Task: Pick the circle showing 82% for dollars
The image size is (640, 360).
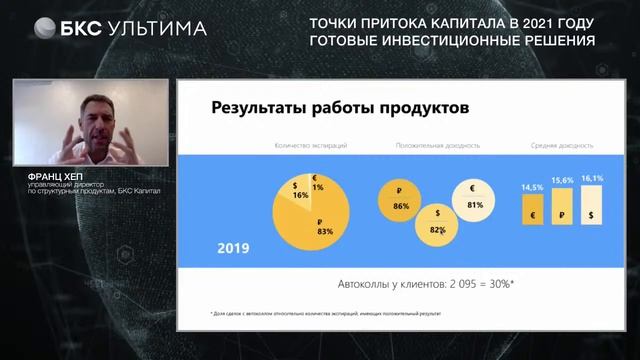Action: [437, 224]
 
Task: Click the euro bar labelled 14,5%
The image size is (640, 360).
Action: [532, 213]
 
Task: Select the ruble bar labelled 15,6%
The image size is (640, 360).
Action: [562, 211]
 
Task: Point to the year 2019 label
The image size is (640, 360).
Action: [233, 247]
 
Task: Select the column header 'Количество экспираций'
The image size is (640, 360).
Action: [311, 146]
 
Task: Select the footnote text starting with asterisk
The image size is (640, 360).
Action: [325, 313]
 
